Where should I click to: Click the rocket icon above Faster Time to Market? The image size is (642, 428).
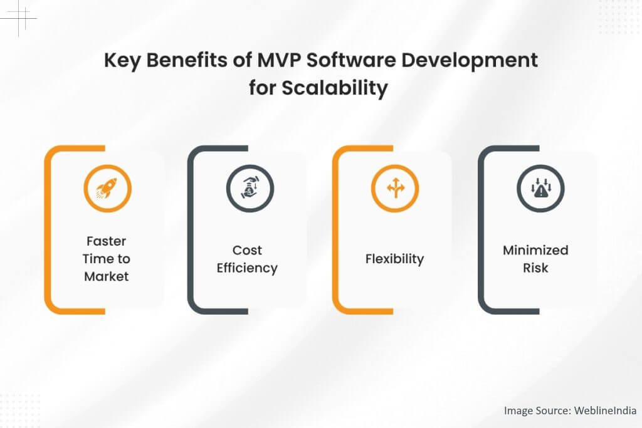107,188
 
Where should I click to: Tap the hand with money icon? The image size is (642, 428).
250,188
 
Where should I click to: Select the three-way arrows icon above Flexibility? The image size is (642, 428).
395,188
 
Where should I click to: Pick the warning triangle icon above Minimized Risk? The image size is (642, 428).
540,188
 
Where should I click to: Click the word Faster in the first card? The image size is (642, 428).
106,241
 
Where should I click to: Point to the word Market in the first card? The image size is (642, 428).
106,276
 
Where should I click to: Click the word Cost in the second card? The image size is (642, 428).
247,250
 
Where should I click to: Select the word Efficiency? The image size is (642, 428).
247,268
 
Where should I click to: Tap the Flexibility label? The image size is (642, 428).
394,259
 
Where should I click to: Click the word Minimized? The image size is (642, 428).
535,250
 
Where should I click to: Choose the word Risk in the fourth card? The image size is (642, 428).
535,268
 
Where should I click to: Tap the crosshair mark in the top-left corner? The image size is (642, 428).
21,18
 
